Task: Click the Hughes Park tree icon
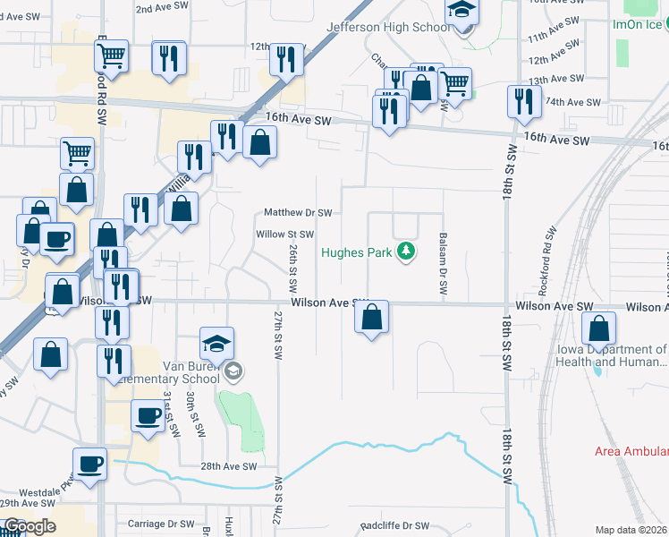pos(407,251)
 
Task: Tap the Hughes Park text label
pos(357,252)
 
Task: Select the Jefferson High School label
pos(389,28)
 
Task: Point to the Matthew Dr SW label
pos(298,213)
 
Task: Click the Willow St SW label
pos(284,234)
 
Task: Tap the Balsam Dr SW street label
pos(443,265)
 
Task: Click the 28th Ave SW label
pos(228,466)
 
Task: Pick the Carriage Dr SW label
pos(161,524)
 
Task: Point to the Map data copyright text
pos(631,530)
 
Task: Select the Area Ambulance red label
pos(631,451)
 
